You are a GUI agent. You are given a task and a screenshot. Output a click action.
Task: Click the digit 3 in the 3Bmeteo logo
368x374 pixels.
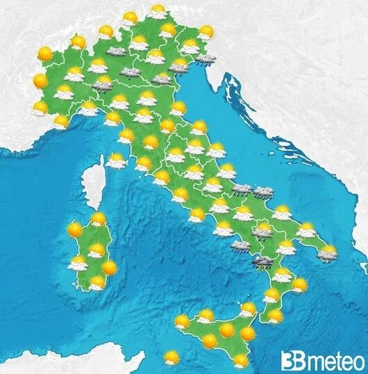[x=288, y=360]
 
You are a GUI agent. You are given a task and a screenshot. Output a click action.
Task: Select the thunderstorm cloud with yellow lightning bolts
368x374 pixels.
[x=262, y=262]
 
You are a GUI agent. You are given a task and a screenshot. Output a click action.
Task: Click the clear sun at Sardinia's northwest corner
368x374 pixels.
[x=74, y=229]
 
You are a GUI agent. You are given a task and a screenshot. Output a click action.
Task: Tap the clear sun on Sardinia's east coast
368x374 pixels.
[x=109, y=267]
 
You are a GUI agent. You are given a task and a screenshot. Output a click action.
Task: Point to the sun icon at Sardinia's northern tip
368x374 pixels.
[x=98, y=220]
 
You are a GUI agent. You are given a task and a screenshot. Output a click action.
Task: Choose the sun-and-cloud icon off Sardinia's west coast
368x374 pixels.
[x=77, y=263]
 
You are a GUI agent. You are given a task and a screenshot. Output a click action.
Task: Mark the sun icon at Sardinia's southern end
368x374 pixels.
[x=97, y=282]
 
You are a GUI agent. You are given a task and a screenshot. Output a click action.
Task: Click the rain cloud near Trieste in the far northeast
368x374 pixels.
[x=204, y=59]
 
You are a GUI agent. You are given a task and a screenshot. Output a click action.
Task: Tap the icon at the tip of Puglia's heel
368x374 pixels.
[x=327, y=253]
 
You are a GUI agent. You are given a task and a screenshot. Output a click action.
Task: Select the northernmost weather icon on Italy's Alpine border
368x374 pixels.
[x=158, y=11]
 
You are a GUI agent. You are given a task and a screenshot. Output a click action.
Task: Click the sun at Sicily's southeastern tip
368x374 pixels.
[x=240, y=361]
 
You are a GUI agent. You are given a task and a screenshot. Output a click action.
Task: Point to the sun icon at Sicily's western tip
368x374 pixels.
[x=182, y=322]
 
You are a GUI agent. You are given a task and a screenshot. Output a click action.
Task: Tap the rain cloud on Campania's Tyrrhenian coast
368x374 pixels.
[x=240, y=246]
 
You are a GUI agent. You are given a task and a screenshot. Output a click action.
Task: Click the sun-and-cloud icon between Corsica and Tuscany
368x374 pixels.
[x=116, y=161]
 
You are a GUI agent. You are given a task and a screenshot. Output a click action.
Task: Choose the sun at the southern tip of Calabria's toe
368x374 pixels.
[x=275, y=316]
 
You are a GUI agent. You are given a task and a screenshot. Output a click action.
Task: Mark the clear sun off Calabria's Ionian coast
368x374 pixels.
[x=299, y=284]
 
